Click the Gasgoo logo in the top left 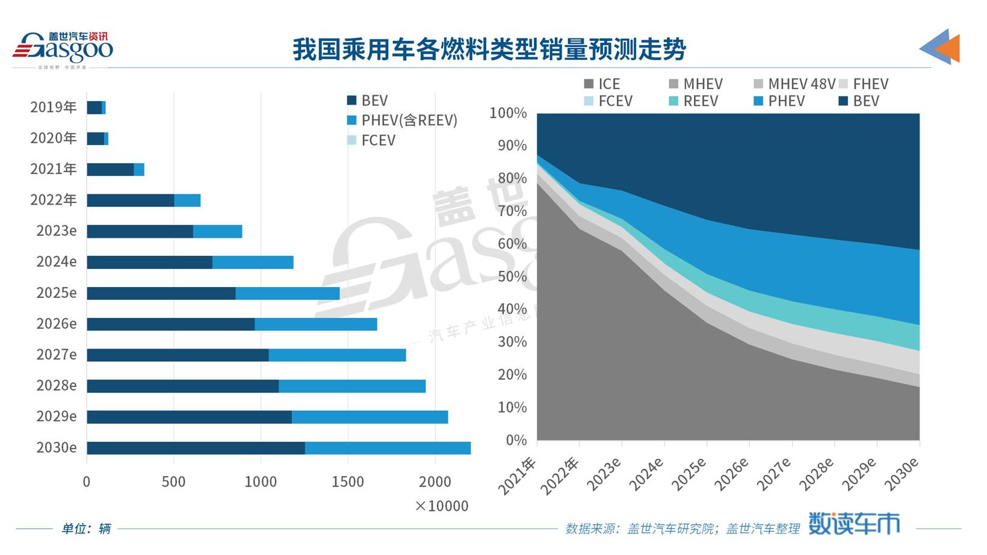[x=63, y=48]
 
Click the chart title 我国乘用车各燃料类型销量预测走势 [x=489, y=49]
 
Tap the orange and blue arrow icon [x=940, y=46]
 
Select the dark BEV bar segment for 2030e [x=196, y=448]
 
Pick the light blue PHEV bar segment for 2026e [x=316, y=324]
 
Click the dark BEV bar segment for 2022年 [x=130, y=200]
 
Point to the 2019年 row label [x=54, y=107]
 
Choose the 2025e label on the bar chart [x=57, y=293]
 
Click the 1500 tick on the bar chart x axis [x=348, y=482]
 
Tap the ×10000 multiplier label [x=441, y=506]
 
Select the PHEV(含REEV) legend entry [x=402, y=120]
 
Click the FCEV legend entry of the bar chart [x=371, y=140]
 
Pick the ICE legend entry [x=602, y=84]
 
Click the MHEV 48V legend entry [x=794, y=84]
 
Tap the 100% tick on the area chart [x=508, y=113]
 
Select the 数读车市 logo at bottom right [x=853, y=524]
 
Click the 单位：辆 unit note [x=86, y=529]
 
